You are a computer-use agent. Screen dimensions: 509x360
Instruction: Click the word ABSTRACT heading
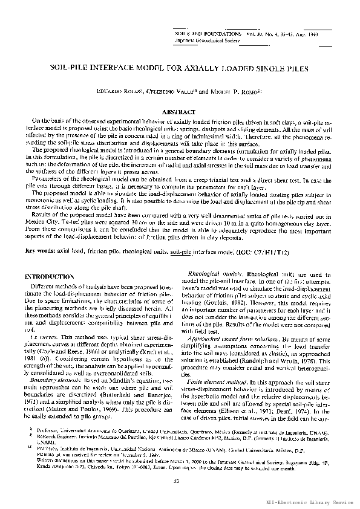click(x=179, y=112)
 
